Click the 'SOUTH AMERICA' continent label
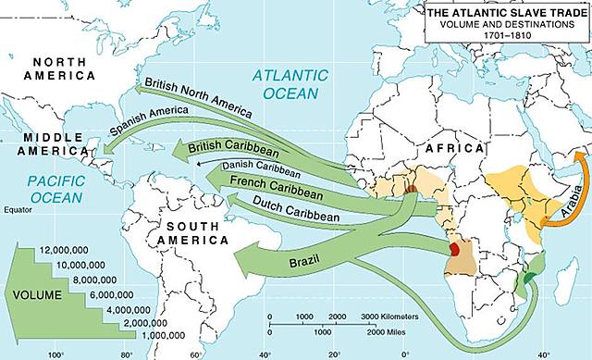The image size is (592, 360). [x=193, y=231]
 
